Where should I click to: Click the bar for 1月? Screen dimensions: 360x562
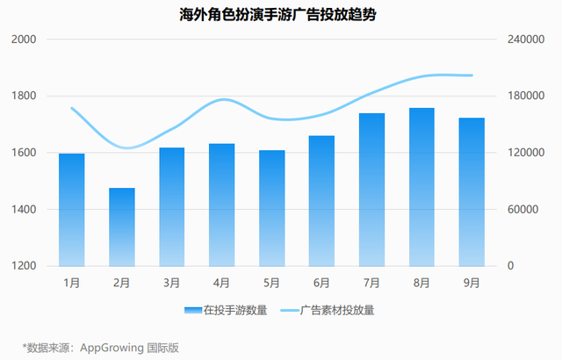[x=72, y=209]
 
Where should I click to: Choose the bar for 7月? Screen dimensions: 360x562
[x=371, y=190]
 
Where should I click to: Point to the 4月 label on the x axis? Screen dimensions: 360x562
[x=222, y=282]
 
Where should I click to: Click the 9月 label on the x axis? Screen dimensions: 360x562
[x=472, y=282]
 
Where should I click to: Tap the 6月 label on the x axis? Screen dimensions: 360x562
[x=321, y=282]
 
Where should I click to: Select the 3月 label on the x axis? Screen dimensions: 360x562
[x=172, y=282]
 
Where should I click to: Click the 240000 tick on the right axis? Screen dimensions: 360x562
[x=523, y=40]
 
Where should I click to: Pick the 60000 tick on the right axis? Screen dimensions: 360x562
[x=521, y=210]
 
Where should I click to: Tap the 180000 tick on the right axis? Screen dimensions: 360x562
[x=523, y=97]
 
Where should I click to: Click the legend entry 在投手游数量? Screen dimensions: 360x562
[x=234, y=310]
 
